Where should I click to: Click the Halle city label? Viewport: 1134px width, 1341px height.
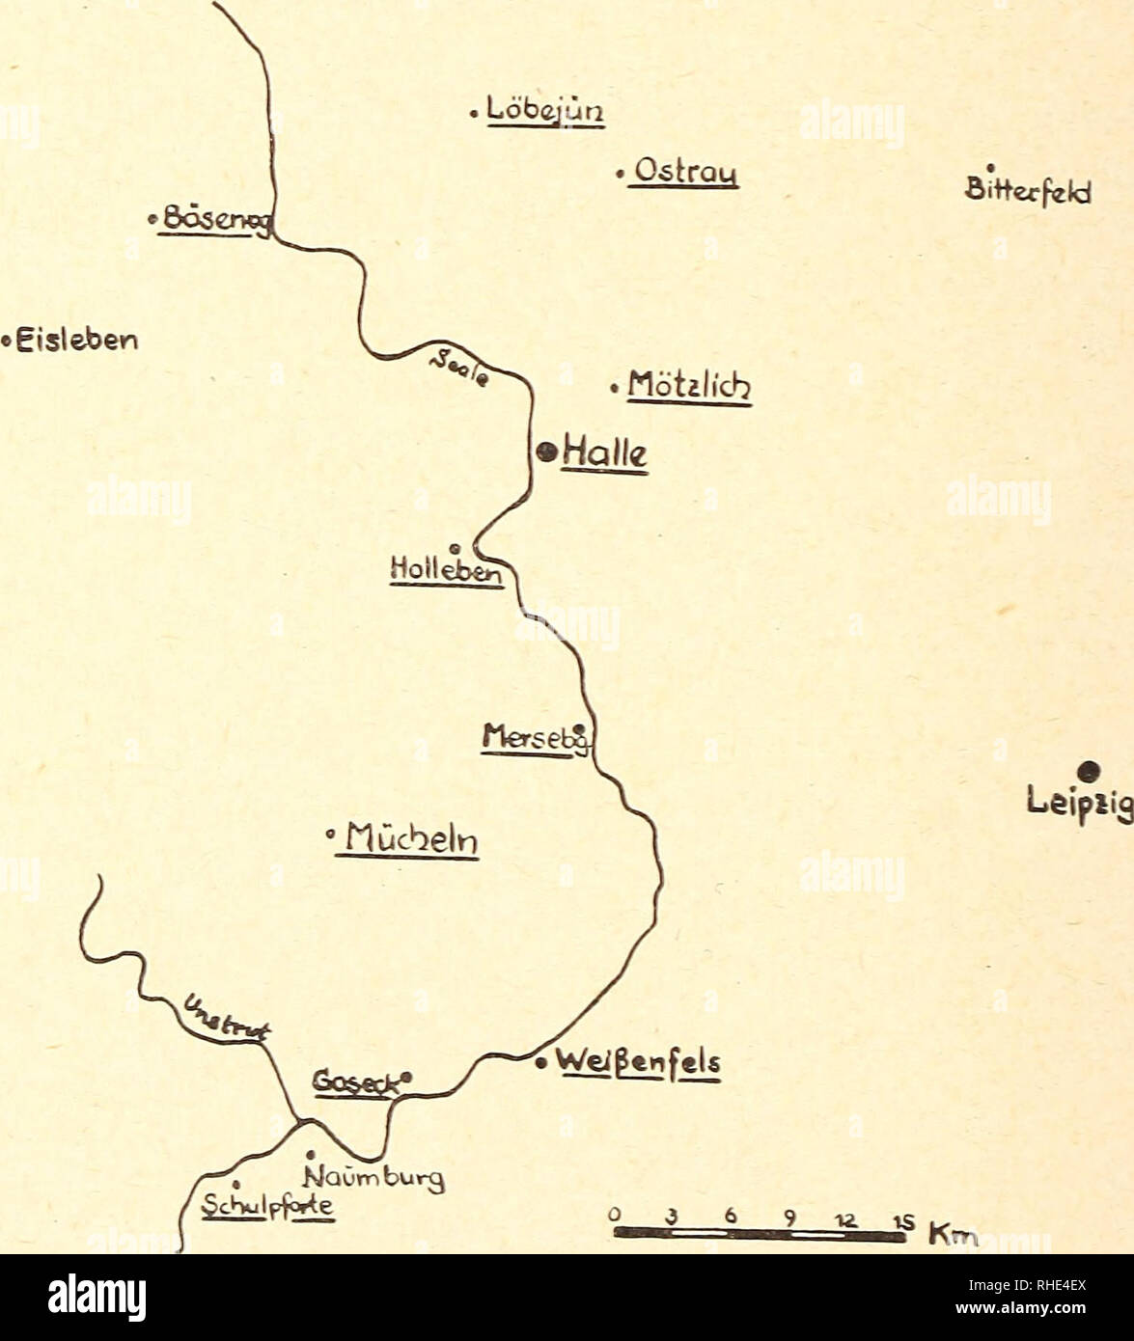click(606, 452)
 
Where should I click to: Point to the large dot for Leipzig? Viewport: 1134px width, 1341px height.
click(1089, 770)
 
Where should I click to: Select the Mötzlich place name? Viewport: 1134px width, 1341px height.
click(688, 389)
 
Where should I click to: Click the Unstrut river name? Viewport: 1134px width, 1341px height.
click(227, 1022)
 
